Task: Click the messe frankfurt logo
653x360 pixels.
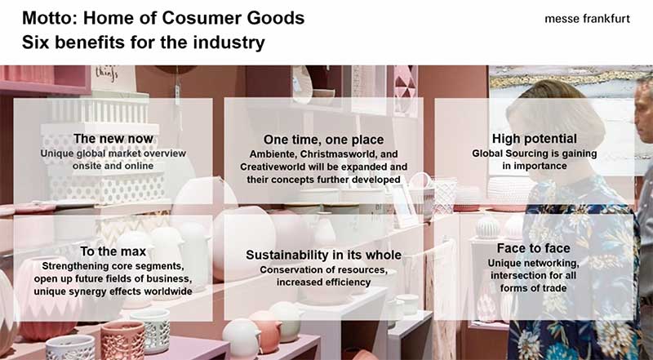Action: (587, 19)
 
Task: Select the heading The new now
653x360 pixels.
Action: (113, 139)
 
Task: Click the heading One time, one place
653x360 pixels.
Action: (323, 140)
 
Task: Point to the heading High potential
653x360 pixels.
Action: (535, 139)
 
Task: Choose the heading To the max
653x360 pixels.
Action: (113, 251)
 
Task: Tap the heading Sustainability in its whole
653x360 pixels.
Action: (323, 255)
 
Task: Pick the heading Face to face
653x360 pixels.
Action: (534, 248)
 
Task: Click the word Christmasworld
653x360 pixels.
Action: (336, 154)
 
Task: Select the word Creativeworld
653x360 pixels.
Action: (275, 167)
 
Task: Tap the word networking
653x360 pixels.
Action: (553, 264)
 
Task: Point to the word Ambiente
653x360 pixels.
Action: (273, 154)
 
